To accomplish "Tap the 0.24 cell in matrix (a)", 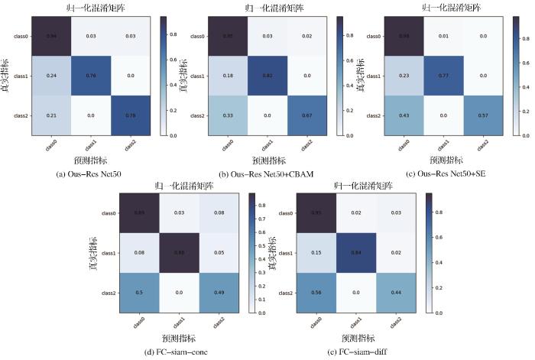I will (x=53, y=76).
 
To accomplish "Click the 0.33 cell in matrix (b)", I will (x=231, y=115).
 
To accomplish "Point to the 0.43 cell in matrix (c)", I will (x=407, y=115).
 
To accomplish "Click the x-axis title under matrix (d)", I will (x=179, y=336).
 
